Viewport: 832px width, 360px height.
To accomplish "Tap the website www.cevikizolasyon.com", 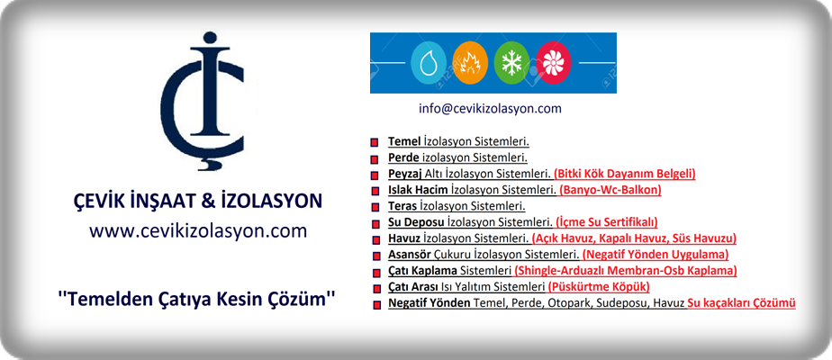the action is pyautogui.click(x=198, y=231).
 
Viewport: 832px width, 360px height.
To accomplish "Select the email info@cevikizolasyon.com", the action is pyautogui.click(x=490, y=109).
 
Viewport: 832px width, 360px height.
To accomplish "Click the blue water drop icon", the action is pyautogui.click(x=429, y=63).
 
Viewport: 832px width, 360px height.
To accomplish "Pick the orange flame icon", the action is pyautogui.click(x=470, y=63).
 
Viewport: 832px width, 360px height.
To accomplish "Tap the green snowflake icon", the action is pyautogui.click(x=511, y=63).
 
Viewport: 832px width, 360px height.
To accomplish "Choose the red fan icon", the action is pyautogui.click(x=554, y=63).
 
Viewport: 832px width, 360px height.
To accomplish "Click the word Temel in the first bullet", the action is pyautogui.click(x=402, y=141).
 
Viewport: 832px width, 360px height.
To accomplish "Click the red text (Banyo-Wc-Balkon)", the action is pyautogui.click(x=610, y=190).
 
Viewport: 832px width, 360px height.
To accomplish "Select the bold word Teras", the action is pyautogui.click(x=402, y=206).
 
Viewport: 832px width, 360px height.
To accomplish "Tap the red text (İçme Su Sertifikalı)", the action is pyautogui.click(x=607, y=222).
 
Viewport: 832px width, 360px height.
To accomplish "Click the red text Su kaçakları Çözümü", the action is pyautogui.click(x=741, y=303).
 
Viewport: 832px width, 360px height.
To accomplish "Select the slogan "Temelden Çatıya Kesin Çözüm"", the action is pyautogui.click(x=197, y=299).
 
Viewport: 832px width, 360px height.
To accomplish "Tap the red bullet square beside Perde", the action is pyautogui.click(x=375, y=158).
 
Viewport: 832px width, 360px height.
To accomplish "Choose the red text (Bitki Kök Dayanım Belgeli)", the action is pyautogui.click(x=625, y=174).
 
